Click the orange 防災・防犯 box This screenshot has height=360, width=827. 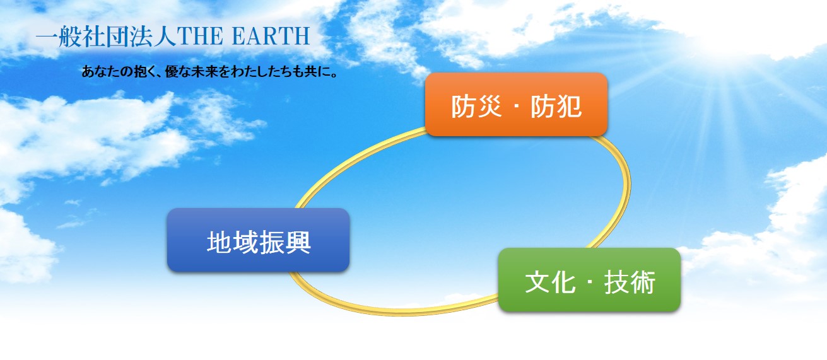[516, 105]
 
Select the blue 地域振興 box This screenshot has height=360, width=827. [258, 240]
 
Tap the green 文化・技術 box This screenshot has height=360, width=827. [589, 279]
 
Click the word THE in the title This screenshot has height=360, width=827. [200, 36]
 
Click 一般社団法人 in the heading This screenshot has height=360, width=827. [106, 36]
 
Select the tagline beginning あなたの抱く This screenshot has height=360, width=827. [209, 71]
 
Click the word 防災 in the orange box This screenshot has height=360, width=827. [476, 107]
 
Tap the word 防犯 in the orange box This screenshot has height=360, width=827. [556, 107]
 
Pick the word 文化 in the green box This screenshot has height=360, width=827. [550, 282]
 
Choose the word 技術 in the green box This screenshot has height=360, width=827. [630, 282]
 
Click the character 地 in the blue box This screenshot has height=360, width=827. [220, 242]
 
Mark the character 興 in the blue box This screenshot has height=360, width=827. [298, 242]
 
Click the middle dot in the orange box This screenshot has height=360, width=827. [516, 107]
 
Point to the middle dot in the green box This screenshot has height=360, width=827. [590, 282]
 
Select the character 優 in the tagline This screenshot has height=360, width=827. [172, 71]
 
